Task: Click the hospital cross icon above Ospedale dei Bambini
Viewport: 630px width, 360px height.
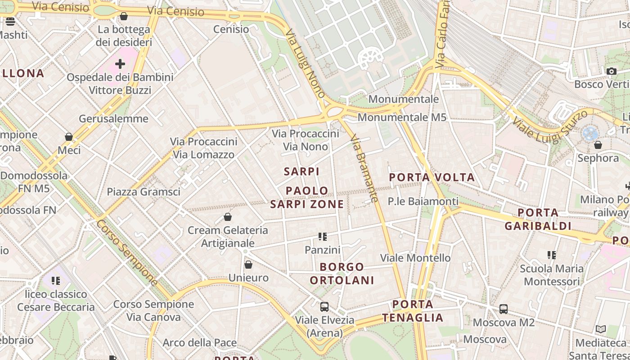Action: tap(120, 64)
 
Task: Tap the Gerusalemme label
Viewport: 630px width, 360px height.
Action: tap(113, 119)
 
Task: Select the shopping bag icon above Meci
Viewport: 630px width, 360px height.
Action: tap(69, 136)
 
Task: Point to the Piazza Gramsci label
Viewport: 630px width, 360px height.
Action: tap(144, 192)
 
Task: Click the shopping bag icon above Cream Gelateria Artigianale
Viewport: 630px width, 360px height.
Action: tap(228, 217)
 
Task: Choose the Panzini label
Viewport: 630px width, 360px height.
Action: tap(322, 250)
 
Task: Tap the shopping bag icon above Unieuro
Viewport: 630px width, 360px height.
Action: tap(248, 265)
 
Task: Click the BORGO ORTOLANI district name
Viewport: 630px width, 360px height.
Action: tap(342, 274)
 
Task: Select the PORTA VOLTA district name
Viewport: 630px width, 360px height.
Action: tap(432, 177)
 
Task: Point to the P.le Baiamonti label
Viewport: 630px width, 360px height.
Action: tap(423, 201)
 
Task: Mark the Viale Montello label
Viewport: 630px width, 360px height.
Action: tap(415, 258)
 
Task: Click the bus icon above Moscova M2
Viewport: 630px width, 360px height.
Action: tap(504, 309)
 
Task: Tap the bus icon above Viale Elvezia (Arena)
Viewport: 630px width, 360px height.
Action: tap(324, 307)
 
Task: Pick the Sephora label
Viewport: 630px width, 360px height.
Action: tap(598, 158)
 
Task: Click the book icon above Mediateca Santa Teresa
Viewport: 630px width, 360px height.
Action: tap(601, 329)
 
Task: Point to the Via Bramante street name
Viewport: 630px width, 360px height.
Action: tap(363, 168)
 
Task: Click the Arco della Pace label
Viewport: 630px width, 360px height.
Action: tap(199, 343)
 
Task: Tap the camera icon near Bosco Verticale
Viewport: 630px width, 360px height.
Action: tap(611, 71)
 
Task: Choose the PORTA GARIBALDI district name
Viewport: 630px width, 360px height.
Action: tap(538, 219)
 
